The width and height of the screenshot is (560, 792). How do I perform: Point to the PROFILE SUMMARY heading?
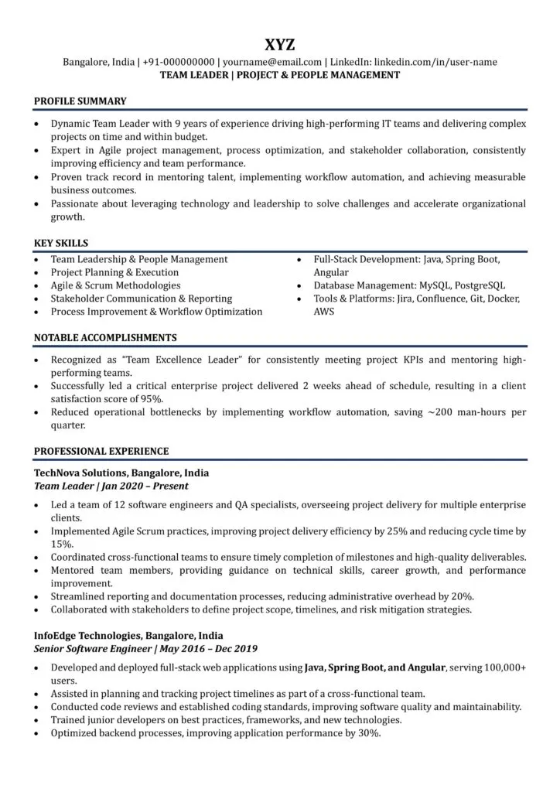pos(80,101)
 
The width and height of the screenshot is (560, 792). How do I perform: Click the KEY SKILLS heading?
pos(61,243)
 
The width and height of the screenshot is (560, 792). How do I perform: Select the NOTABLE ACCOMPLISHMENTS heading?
pos(105,338)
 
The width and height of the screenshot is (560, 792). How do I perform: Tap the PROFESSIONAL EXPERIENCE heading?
pos(101,451)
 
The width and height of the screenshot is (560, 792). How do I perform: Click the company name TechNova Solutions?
pos(80,472)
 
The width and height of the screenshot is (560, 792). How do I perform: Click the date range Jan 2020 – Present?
pos(145,486)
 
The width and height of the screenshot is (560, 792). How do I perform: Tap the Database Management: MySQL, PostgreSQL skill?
pos(409,285)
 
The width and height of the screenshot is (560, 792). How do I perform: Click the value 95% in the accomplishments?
pos(152,399)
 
